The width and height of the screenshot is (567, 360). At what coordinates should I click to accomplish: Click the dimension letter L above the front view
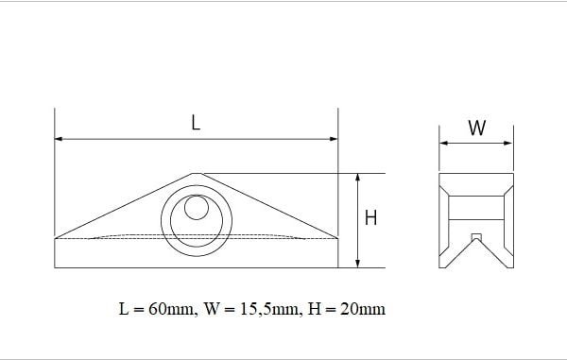[x=196, y=123]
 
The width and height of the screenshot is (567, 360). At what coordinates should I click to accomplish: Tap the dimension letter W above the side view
[x=477, y=128]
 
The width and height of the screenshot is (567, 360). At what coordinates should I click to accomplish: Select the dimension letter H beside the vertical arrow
[x=370, y=217]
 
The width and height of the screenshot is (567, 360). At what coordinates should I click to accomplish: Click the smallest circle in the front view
[x=197, y=207]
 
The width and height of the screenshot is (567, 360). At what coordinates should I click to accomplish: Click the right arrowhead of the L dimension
[x=334, y=139]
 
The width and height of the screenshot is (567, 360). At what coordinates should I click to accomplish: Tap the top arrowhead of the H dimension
[x=357, y=178]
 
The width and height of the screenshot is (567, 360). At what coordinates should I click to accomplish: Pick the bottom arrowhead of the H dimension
[x=357, y=264]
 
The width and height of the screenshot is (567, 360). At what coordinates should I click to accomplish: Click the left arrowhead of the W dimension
[x=444, y=143]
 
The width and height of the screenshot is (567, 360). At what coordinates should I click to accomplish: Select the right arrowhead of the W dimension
[x=508, y=143]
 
